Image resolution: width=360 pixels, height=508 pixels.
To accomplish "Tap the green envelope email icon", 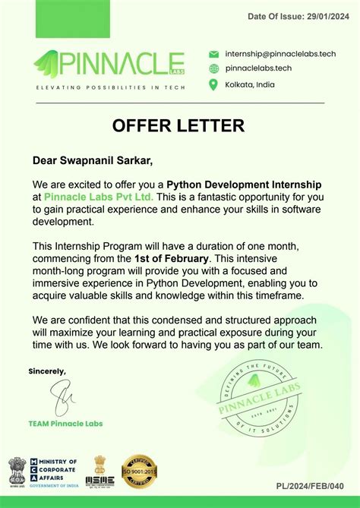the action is click(213, 54).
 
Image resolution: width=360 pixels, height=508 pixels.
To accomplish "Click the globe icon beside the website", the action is click(213, 68).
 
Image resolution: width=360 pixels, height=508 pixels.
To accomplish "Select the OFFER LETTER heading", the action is click(178, 125).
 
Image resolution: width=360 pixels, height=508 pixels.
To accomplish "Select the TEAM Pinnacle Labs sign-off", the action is click(65, 423).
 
